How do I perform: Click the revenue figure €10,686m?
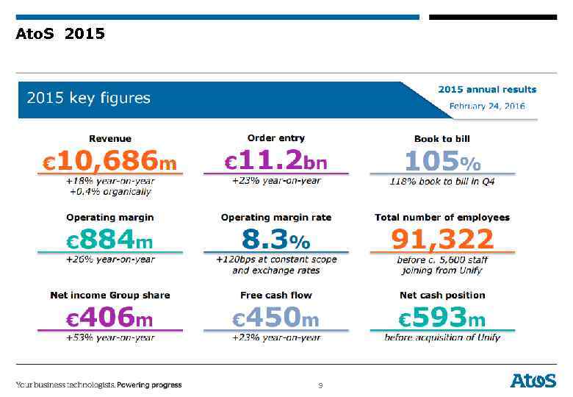point(109,160)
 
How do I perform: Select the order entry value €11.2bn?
point(276,160)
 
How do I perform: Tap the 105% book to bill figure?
point(442,160)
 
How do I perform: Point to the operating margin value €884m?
point(109,239)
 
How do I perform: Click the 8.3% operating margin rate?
point(276,239)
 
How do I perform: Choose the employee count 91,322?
point(442,239)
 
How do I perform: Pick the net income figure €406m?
point(109,318)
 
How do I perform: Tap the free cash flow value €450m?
point(276,318)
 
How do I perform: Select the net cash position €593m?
point(442,318)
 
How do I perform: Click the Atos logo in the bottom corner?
point(533,380)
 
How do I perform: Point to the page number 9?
point(320,385)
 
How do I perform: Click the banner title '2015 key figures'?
point(89,98)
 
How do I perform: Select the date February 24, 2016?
point(487,106)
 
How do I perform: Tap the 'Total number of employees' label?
point(442,218)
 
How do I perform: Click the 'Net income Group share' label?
point(109,296)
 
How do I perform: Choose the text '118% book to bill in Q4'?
point(442,181)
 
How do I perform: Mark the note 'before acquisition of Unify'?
point(442,337)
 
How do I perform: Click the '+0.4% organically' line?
point(109,192)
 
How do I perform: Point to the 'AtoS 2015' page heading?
point(60,34)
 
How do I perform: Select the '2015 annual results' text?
point(487,90)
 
